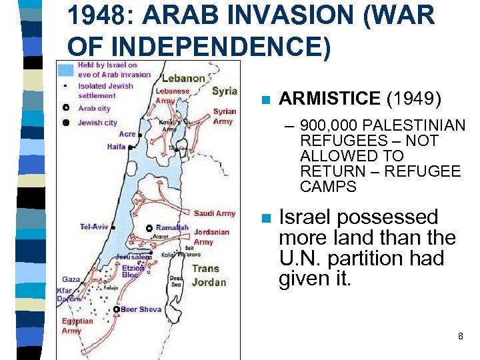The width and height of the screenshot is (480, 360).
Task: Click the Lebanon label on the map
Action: coord(183,78)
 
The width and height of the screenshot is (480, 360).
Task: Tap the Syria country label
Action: coord(225,91)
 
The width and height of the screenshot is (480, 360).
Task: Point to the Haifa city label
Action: coord(116,147)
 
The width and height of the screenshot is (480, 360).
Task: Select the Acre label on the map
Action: coord(127,134)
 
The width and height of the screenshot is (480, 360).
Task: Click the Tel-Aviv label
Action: coord(94,227)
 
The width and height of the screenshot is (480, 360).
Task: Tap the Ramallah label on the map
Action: coord(173,227)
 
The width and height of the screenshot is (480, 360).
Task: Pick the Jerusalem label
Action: coord(133,257)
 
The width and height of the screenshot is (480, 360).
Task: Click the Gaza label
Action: coord(71,280)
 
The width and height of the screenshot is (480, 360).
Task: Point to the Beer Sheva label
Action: coord(141,309)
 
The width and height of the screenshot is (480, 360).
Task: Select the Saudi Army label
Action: coord(215,213)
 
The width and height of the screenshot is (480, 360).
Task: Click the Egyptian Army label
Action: coord(77,326)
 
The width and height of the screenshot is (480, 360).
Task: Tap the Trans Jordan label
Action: coord(209,275)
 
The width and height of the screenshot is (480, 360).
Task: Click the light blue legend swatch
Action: coord(65,69)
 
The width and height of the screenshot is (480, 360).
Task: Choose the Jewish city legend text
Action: coord(97,123)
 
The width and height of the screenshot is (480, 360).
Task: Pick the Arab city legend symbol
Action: coord(65,108)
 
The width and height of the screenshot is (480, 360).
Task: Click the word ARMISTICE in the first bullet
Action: coord(329,99)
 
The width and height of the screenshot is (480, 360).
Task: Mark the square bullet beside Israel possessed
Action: coord(265,218)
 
